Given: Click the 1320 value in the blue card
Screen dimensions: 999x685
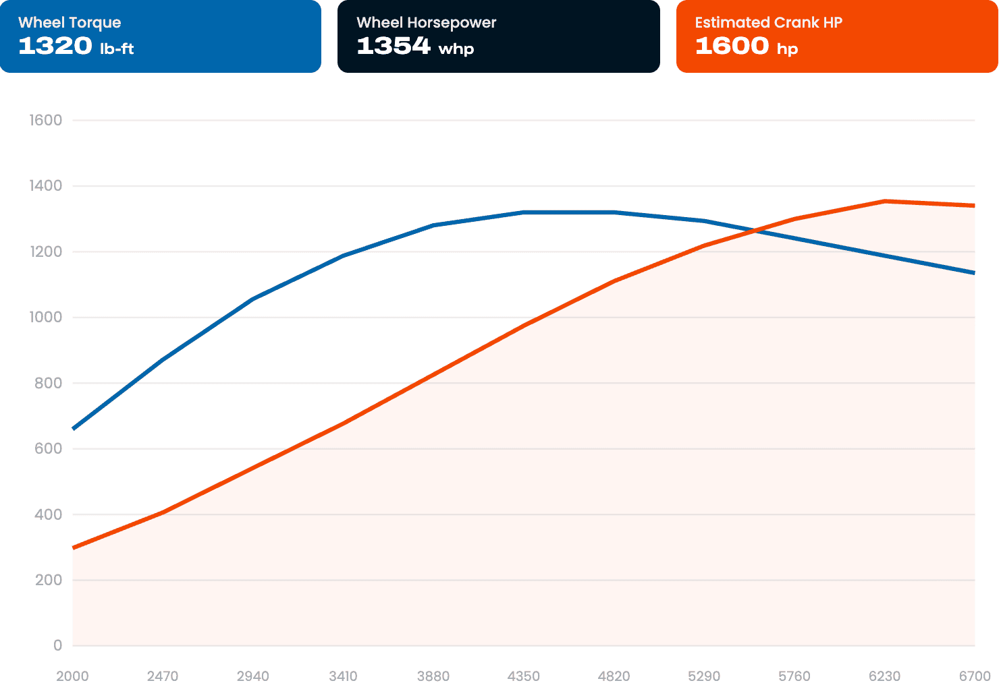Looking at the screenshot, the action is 55,46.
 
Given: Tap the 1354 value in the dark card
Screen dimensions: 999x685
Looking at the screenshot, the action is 394,46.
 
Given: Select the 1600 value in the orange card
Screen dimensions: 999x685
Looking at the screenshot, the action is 732,46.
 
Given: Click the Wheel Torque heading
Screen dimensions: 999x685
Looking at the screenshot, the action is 70,22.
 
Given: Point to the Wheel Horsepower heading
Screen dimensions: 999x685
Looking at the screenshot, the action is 427,22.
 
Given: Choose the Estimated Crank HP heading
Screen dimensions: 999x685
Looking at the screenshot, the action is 768,22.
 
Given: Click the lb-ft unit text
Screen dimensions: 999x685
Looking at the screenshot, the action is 117,48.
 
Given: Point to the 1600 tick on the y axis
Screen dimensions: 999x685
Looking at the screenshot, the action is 45,120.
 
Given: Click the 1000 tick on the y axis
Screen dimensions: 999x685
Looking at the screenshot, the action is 45,317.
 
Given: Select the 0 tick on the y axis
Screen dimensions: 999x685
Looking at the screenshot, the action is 57,645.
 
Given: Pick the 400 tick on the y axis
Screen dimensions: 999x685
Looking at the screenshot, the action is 48,514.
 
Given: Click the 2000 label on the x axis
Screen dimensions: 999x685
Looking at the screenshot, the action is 72,676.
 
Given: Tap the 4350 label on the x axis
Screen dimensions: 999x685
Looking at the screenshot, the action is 524,676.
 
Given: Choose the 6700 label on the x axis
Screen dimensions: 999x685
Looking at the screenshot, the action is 975,676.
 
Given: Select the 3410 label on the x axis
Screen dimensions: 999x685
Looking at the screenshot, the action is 343,676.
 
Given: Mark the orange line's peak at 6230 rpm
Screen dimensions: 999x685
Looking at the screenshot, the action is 885,202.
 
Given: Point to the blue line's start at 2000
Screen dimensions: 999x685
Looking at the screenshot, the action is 73,429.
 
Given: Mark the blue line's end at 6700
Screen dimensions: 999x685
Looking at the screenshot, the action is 975,272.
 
